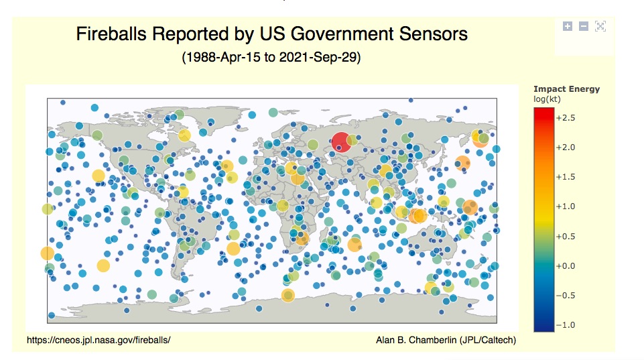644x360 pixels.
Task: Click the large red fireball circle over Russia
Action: click(340, 142)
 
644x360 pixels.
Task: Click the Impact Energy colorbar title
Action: click(566, 89)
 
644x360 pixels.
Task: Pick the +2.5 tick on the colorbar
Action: click(566, 117)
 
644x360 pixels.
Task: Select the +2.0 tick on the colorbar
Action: click(566, 147)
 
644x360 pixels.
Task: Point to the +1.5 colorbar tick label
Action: click(566, 177)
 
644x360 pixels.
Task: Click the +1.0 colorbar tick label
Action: click(566, 206)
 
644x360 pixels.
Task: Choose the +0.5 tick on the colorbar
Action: click(566, 236)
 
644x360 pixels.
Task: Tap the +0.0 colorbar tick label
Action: click(566, 266)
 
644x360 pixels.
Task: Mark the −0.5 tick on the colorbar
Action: click(566, 296)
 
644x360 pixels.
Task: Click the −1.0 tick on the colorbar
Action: click(566, 325)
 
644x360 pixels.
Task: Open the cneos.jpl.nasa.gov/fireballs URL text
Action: click(99, 340)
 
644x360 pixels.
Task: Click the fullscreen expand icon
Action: click(600, 26)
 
